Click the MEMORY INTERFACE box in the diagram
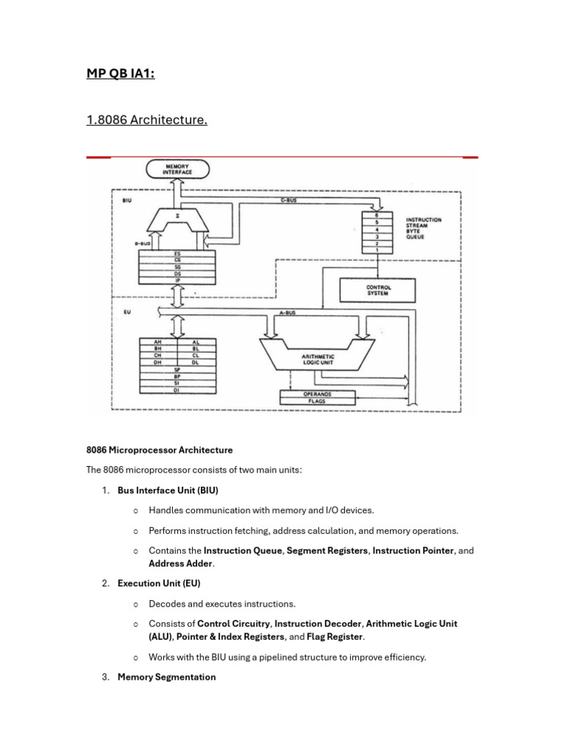click(177, 170)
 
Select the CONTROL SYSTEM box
click(378, 289)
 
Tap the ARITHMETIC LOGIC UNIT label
click(319, 359)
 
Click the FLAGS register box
click(317, 401)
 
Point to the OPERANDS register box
click(317, 394)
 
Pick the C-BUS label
click(288, 200)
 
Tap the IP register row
click(177, 280)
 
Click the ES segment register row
click(177, 254)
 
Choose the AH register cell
click(157, 342)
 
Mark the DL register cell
click(196, 362)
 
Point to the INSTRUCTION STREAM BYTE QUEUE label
click(424, 228)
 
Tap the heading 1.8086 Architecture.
click(146, 119)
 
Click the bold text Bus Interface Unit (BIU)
click(168, 490)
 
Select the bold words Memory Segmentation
click(166, 677)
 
